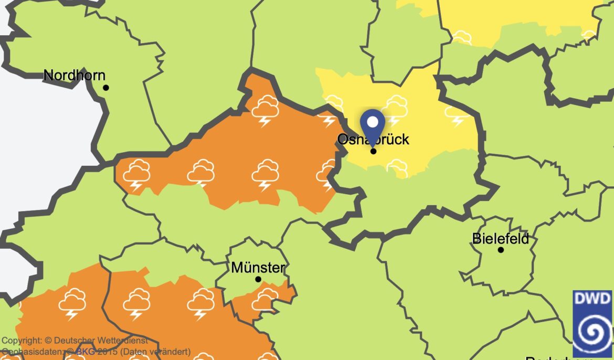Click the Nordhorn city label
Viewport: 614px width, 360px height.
pos(74,76)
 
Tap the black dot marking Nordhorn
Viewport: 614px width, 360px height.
pos(106,88)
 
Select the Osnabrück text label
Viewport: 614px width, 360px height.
pos(373,140)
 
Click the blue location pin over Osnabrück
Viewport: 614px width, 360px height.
pos(373,126)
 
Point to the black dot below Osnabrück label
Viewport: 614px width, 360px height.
pos(374,151)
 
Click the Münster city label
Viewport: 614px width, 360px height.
pos(258,268)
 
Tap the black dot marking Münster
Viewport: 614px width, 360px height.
pos(258,279)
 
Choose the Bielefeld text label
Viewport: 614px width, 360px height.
pos(500,239)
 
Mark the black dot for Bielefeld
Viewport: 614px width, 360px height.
pos(501,250)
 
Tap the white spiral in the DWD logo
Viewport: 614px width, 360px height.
pos(592,332)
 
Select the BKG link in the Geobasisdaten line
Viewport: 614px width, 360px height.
pos(85,352)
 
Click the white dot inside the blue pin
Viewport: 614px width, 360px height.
pos(373,122)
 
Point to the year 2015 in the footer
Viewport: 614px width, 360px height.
pos(108,352)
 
